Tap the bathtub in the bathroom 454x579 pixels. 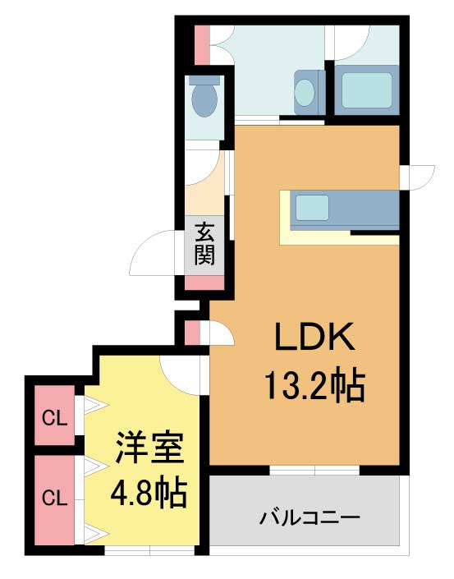pos(366,90)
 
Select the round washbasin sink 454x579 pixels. pos(305,92)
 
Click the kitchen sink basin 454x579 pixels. pos(312,208)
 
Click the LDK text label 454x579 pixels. pos(315,337)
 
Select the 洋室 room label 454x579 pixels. pos(149,448)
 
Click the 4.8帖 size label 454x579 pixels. pos(149,494)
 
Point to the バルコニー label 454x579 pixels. pos(310,518)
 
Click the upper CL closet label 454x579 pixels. pos(54,419)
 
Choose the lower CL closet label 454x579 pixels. pos(54,499)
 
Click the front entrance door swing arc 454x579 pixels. pos(152,253)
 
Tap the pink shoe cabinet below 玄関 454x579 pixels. pos(204,283)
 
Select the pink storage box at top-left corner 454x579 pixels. pos(202,45)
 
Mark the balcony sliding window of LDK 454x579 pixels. pos(314,470)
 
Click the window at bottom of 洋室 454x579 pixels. pos(149,550)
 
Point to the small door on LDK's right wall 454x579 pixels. pos(417,178)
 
